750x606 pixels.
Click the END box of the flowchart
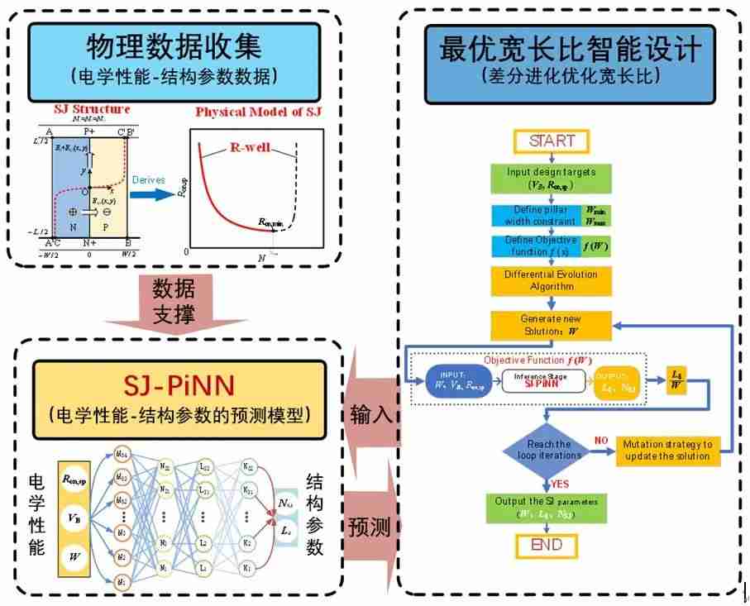click(x=546, y=545)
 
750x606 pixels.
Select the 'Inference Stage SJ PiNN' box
click(x=542, y=383)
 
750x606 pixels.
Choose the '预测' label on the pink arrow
click(x=370, y=527)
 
